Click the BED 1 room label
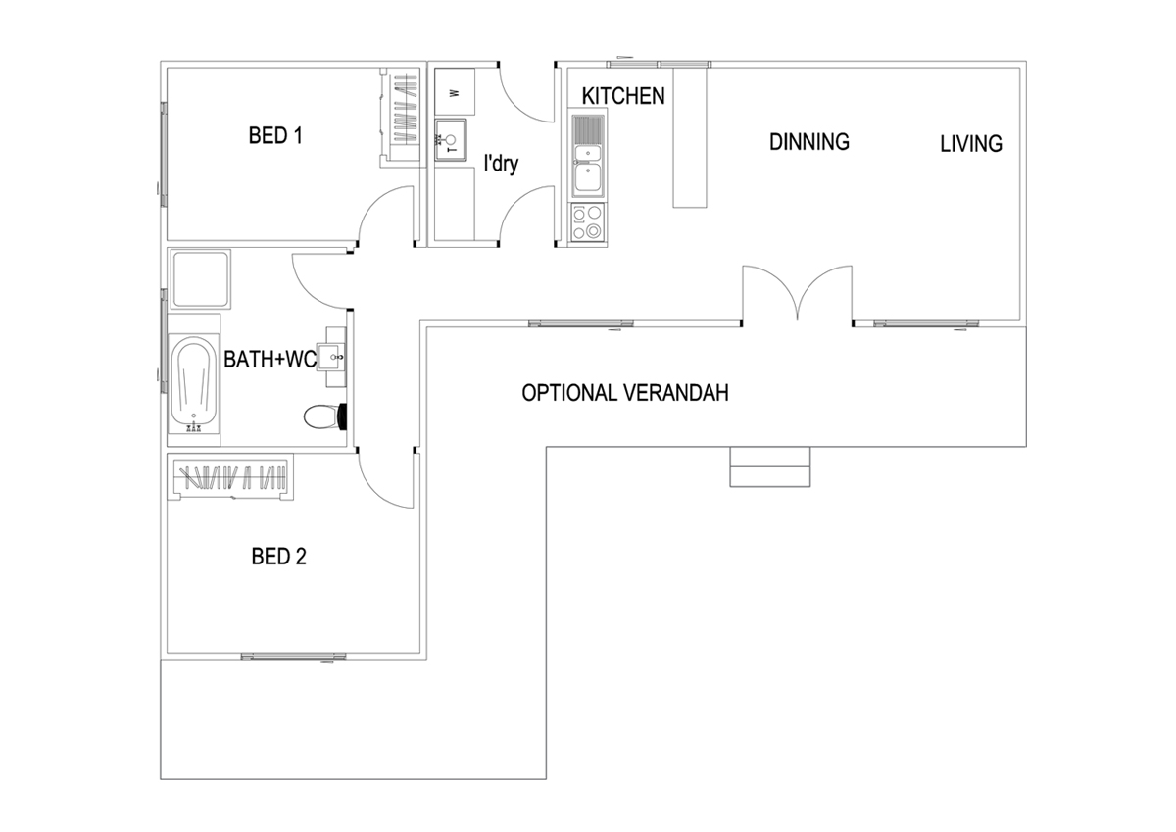[274, 136]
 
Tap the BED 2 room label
[279, 558]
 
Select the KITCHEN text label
[623, 96]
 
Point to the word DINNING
[808, 142]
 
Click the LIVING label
[971, 144]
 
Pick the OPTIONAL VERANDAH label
[625, 394]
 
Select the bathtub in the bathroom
[192, 384]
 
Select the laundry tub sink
[452, 139]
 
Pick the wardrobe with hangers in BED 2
[231, 478]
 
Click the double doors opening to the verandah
[797, 294]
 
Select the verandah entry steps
[770, 467]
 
